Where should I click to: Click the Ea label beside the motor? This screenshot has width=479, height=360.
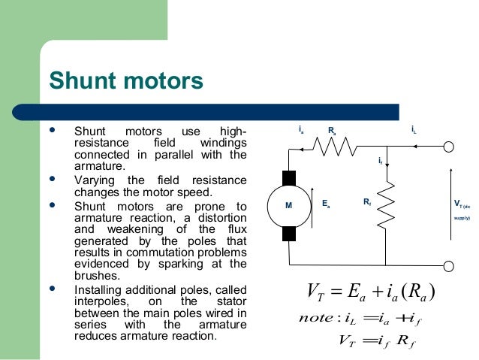click(x=326, y=204)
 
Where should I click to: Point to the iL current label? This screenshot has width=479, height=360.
click(x=414, y=131)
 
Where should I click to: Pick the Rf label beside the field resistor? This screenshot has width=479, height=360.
click(x=366, y=202)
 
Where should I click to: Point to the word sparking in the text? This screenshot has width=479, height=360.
click(x=185, y=264)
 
